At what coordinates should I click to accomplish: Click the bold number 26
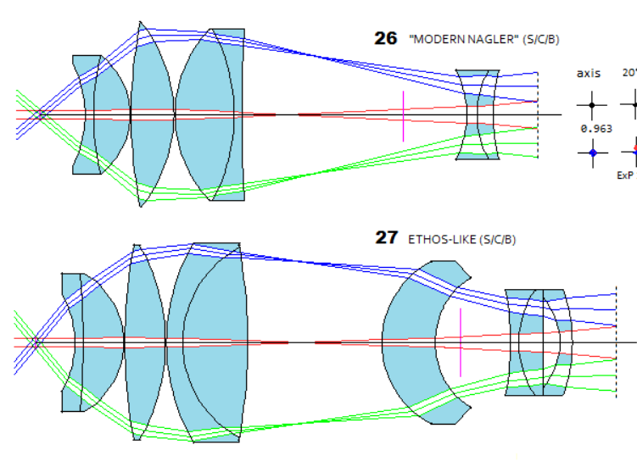tap(386, 39)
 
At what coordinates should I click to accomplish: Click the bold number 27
tap(387, 238)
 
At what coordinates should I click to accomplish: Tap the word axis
tap(589, 74)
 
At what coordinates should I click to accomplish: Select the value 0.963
tap(596, 129)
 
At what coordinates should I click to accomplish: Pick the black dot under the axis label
tap(592, 106)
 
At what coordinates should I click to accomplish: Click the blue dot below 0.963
tap(593, 153)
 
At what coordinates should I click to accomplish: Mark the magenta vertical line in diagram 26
tap(403, 115)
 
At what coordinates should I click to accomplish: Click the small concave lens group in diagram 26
tap(478, 114)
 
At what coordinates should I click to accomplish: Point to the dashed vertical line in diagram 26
tap(538, 114)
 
